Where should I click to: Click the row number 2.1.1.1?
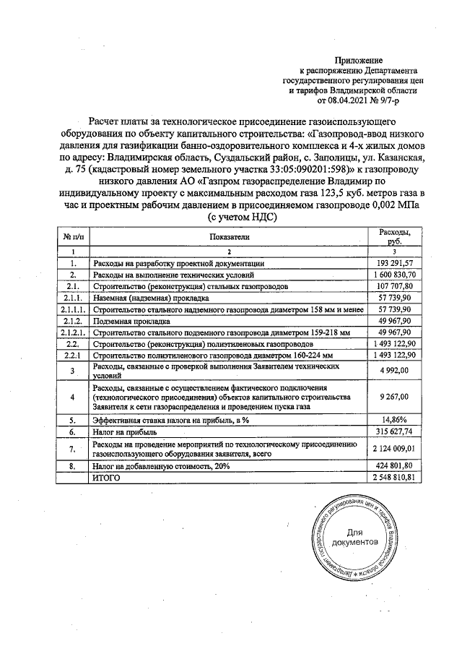point(73,309)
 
